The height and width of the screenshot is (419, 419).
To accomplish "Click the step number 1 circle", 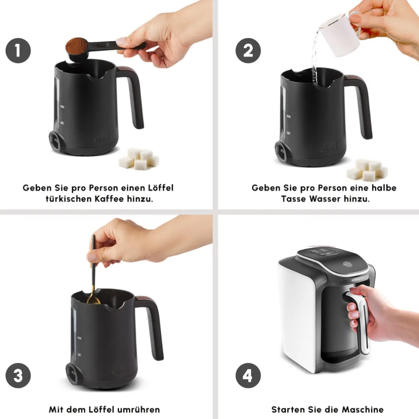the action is (18, 50).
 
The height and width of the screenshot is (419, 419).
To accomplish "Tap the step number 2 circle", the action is (248, 50).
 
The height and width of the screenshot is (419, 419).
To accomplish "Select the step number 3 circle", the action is (18, 375).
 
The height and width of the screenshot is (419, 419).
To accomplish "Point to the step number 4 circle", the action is (248, 375).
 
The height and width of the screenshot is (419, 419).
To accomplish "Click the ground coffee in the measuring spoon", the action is (77, 45).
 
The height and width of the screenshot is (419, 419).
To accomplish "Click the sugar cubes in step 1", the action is (139, 159).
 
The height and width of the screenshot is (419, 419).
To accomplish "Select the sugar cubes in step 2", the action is (367, 170).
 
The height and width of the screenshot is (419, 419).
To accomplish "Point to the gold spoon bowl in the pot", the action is (94, 300).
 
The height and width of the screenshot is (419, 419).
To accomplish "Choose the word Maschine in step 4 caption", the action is (363, 409).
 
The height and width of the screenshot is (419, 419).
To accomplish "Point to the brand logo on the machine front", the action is (357, 279).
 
